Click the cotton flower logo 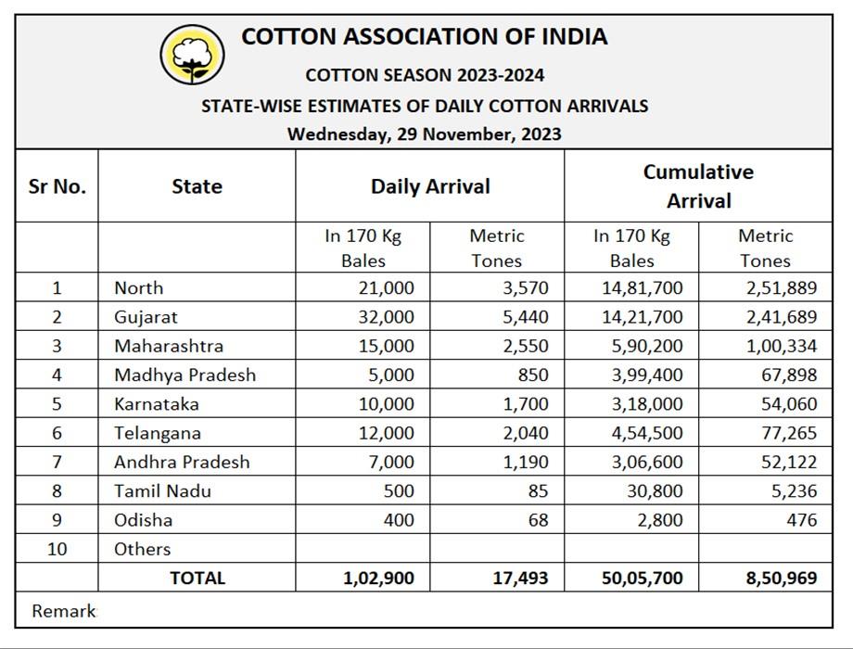pos(192,55)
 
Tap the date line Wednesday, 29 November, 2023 pos(424,134)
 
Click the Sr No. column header pos(57,186)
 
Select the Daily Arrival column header pos(430,186)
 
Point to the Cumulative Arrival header pos(698,186)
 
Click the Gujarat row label pos(146,317)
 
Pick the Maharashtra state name pos(169,346)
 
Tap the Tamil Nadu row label pos(162,490)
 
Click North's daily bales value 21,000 pos(386,288)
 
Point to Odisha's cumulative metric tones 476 pos(801,519)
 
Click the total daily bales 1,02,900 pos(378,579)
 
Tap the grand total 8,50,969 pos(782,579)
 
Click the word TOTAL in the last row pos(197,579)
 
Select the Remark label pos(63,611)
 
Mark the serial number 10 pos(57,549)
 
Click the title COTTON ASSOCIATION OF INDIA pos(425,37)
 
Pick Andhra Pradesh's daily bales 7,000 pos(390,462)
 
